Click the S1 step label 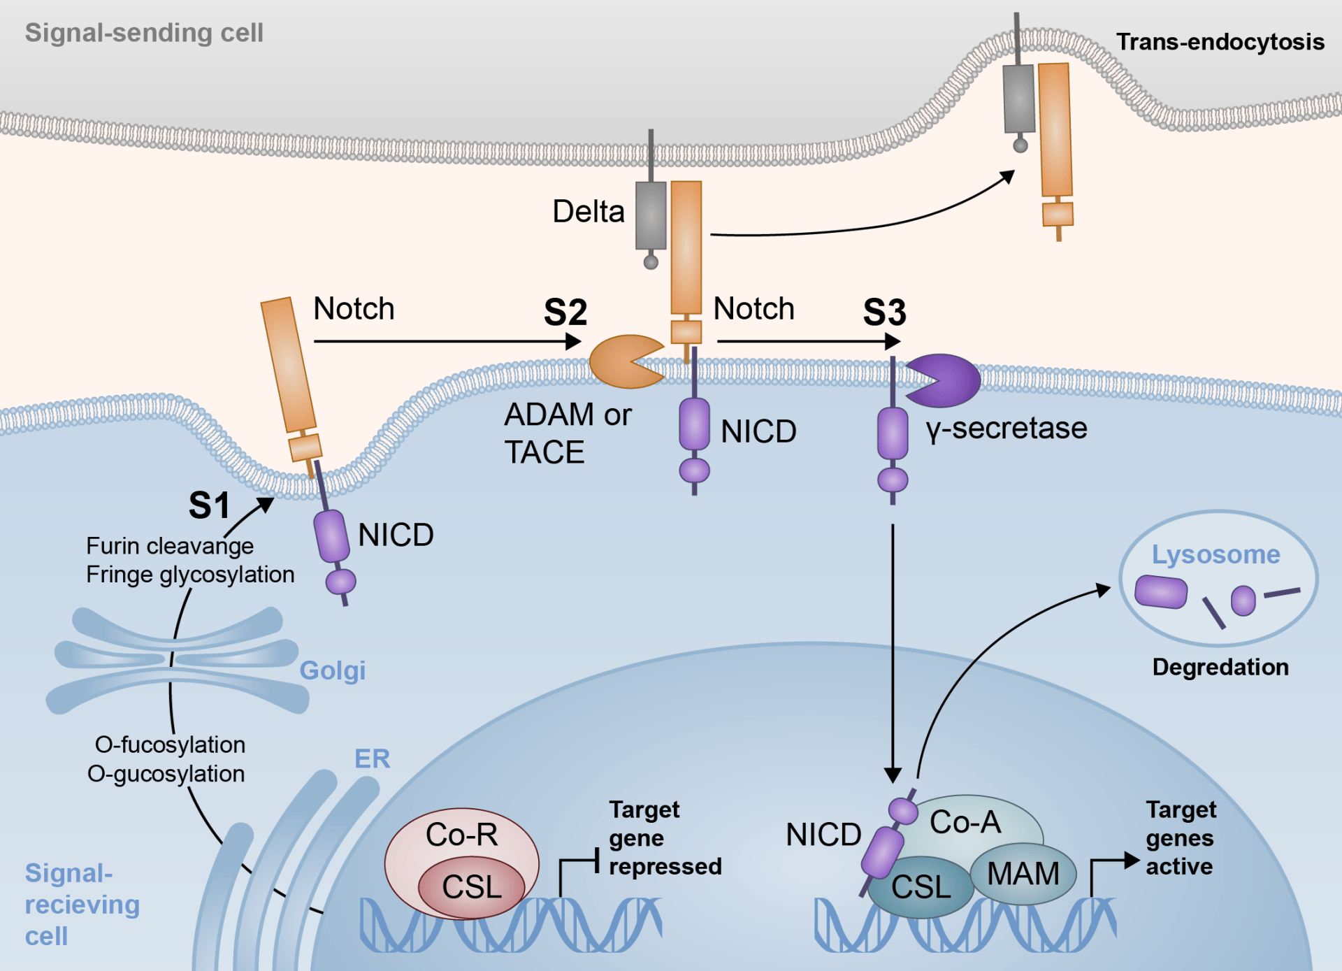tap(209, 505)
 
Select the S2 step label tap(565, 312)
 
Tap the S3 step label tap(884, 312)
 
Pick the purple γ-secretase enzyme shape tap(947, 380)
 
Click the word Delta tap(588, 211)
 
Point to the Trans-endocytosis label tap(1220, 42)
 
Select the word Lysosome tap(1215, 554)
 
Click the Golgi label tap(332, 670)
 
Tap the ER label tap(372, 758)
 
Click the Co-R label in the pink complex tap(461, 835)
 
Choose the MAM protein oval tap(1023, 874)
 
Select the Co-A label tap(965, 822)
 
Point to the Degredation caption tap(1220, 667)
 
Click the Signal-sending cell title tap(144, 33)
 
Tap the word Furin tap(112, 546)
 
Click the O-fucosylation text tap(170, 745)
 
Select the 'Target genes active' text tap(1181, 838)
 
